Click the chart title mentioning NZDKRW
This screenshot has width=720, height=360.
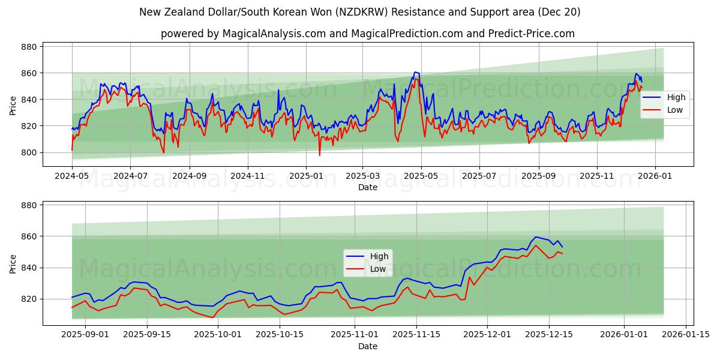click(x=359, y=12)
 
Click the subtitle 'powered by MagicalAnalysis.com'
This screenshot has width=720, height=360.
click(x=367, y=34)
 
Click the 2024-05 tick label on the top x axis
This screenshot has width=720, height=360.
click(x=72, y=176)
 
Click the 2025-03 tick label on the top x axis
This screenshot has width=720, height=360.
click(x=362, y=176)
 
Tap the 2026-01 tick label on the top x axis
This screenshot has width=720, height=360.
click(x=655, y=176)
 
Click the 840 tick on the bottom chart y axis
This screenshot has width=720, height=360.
click(x=29, y=268)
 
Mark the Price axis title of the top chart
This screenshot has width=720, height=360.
click(x=13, y=106)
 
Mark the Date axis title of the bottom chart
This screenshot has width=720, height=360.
click(x=368, y=346)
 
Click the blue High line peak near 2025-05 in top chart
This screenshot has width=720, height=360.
click(x=415, y=72)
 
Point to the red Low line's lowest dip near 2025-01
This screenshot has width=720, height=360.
click(x=319, y=155)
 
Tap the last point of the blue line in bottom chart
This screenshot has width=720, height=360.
click(x=562, y=247)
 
